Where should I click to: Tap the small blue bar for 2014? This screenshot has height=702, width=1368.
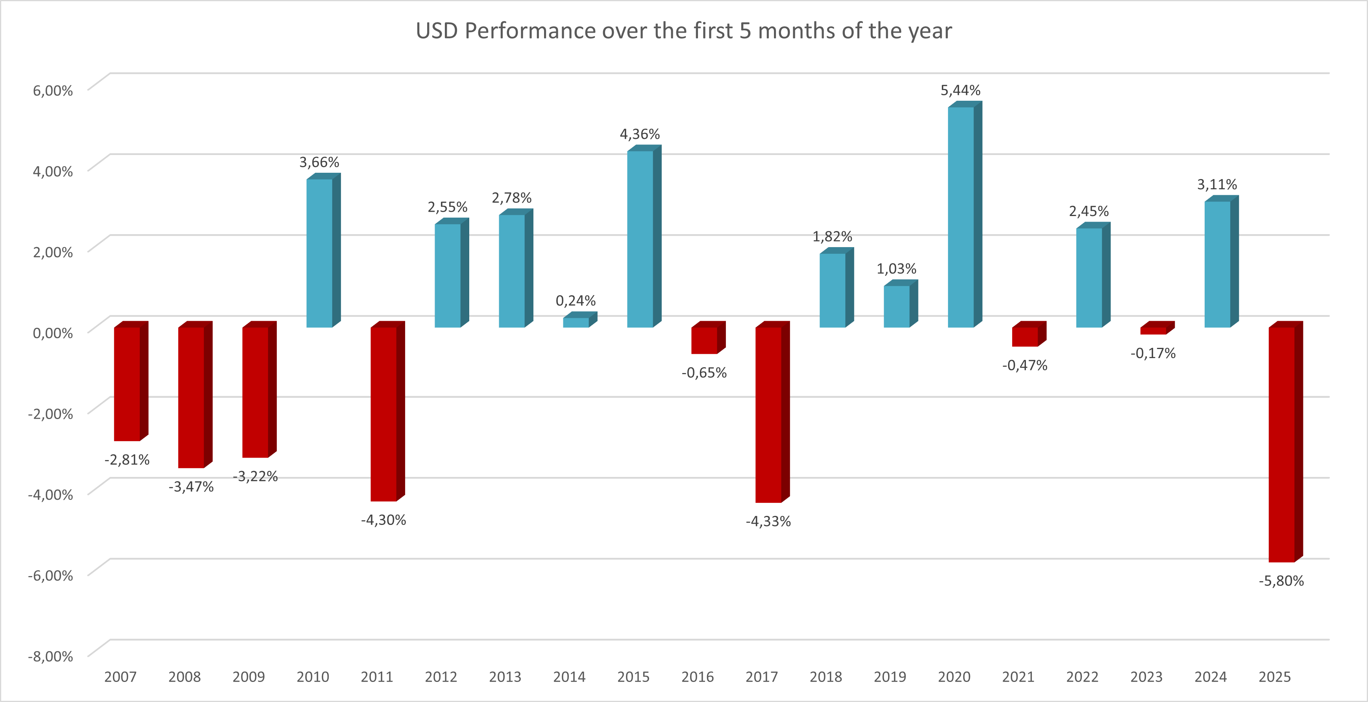pyautogui.click(x=576, y=322)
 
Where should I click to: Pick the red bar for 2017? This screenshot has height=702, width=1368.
pyautogui.click(x=768, y=414)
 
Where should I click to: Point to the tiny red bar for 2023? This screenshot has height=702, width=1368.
pyautogui.click(x=1153, y=330)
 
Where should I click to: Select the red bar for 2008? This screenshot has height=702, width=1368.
pyautogui.click(x=191, y=397)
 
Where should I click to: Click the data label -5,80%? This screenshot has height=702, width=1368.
pyautogui.click(x=1281, y=581)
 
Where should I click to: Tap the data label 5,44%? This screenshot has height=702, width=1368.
pyautogui.click(x=960, y=90)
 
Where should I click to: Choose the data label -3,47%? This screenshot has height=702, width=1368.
pyautogui.click(x=191, y=487)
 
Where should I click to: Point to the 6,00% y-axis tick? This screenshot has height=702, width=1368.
pyautogui.click(x=53, y=90)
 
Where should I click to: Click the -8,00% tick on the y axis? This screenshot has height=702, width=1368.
pyautogui.click(x=50, y=656)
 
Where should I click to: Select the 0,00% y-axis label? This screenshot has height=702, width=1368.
pyautogui.click(x=53, y=333)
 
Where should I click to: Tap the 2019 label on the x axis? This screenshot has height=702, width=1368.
pyautogui.click(x=890, y=677)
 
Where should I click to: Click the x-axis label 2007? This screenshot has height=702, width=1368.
pyautogui.click(x=120, y=677)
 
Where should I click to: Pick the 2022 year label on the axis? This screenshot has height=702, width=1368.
pyautogui.click(x=1082, y=677)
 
